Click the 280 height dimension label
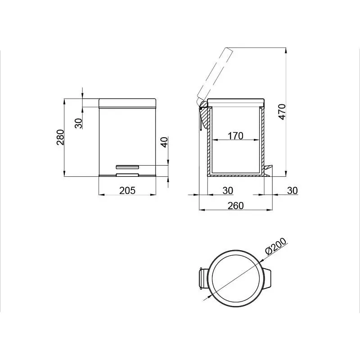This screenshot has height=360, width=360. pos(60,137)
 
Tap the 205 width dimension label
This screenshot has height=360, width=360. pos(127,190)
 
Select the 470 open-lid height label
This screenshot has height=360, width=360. pos(282,112)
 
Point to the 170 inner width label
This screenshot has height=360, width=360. pos(235,136)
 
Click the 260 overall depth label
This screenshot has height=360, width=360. pos(235,206)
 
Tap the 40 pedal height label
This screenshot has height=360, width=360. pos(164,142)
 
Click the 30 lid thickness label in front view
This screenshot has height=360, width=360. pos(78,123)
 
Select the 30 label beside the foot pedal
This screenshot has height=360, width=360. pos(292,190)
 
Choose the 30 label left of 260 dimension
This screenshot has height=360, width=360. pos(228,190)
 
